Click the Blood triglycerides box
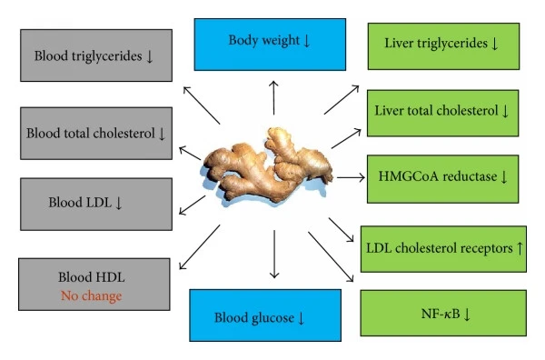[x=95, y=55]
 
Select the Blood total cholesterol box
[x=95, y=133]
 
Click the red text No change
[x=91, y=295]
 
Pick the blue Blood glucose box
[x=265, y=315]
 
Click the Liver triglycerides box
[x=441, y=43]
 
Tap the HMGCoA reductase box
[x=441, y=176]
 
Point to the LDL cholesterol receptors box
[x=441, y=247]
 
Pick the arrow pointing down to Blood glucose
[x=272, y=255]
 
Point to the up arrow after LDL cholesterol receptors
[x=519, y=248]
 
